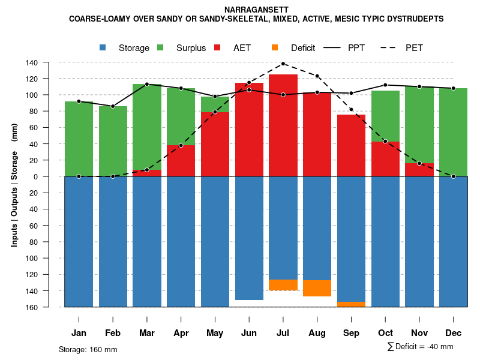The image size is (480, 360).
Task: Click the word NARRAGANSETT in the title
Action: point(256,10)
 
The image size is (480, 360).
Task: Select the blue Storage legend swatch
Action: point(103,48)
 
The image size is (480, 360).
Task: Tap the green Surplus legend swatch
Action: point(161,48)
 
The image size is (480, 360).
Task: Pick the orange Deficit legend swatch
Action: point(275,48)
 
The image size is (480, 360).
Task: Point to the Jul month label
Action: point(283,333)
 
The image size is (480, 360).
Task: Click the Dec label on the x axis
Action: point(453,333)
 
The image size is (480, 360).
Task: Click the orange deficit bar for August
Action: point(317,288)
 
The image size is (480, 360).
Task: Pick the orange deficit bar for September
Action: point(351,304)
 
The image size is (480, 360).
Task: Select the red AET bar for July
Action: point(283,126)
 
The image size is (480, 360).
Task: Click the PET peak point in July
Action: point(283,64)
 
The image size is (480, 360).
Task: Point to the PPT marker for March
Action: point(147,84)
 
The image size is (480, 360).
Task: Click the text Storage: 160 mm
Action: point(88,350)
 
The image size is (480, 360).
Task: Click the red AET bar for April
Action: point(181,161)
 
